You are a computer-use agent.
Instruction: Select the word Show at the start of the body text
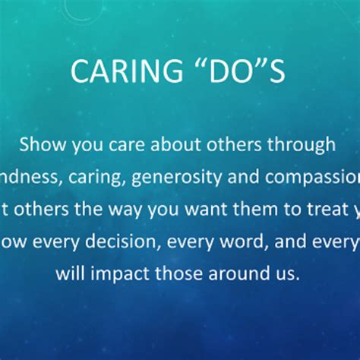(49, 145)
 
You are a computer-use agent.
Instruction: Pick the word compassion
(308, 178)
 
